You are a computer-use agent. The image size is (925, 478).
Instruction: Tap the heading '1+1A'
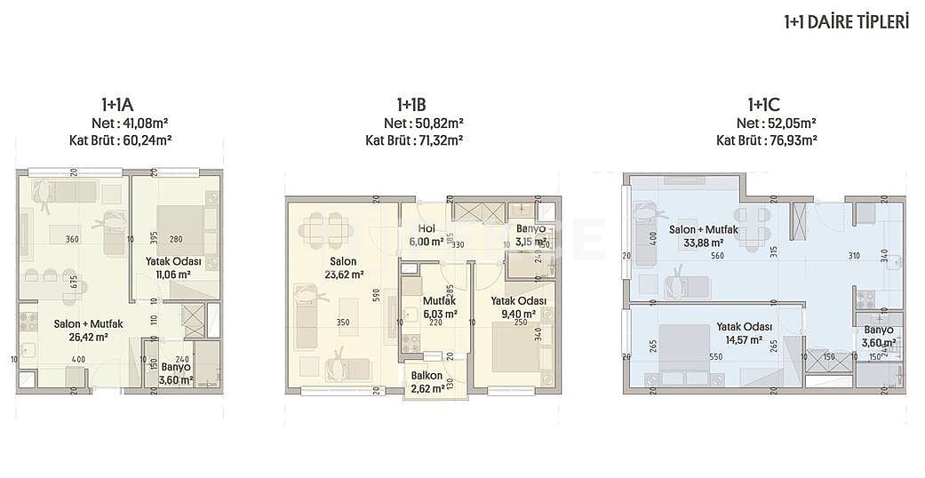[119, 106]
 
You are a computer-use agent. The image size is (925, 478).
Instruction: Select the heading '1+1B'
[413, 106]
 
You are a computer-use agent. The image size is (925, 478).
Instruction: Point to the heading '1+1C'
[765, 106]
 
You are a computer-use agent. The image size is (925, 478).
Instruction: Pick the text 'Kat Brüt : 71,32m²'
[414, 139]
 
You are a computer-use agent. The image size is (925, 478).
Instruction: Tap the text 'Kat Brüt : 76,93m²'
[766, 139]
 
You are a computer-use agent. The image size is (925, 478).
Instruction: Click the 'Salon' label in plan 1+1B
[343, 261]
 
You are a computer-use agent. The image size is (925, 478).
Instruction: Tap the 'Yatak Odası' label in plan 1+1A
[173, 261]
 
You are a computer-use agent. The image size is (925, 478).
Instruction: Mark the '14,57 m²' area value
[744, 339]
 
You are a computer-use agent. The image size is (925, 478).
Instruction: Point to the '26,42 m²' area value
[87, 338]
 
